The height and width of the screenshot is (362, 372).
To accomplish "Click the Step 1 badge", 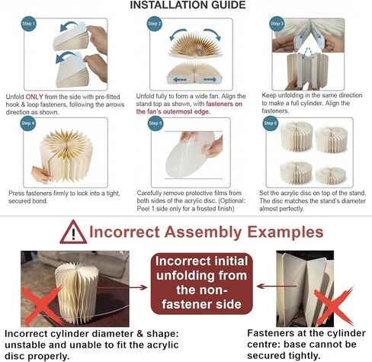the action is pyautogui.click(x=29, y=24).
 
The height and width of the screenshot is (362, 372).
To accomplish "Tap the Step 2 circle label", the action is pyautogui.click(x=155, y=24).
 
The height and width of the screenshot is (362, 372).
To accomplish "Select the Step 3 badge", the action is pyautogui.click(x=277, y=24).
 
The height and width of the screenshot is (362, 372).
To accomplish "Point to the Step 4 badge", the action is pyautogui.click(x=28, y=123).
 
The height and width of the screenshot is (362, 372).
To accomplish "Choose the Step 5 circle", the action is pyautogui.click(x=156, y=123).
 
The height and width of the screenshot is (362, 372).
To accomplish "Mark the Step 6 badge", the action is pyautogui.click(x=270, y=123).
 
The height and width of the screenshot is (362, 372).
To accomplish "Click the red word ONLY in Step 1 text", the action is pyautogui.click(x=34, y=97).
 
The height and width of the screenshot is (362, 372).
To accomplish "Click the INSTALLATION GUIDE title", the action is pyautogui.click(x=188, y=5).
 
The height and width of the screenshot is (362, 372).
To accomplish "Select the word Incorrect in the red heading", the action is pyautogui.click(x=124, y=232).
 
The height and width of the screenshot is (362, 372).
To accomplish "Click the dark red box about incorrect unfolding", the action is pyautogui.click(x=202, y=284).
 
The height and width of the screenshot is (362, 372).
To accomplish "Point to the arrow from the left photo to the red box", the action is pyautogui.click(x=123, y=287).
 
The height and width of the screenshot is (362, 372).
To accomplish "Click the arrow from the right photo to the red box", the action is pyautogui.click(x=277, y=287).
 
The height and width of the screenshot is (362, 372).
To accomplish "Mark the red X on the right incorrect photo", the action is pyautogui.click(x=334, y=306).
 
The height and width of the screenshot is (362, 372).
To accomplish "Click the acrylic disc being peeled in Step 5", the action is pyautogui.click(x=188, y=155).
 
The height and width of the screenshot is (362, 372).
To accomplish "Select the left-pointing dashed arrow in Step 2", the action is pyautogui.click(x=180, y=80).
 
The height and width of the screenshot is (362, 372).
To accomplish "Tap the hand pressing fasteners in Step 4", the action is pyautogui.click(x=41, y=175).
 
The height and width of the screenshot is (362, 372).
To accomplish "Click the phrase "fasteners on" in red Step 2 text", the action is pyautogui.click(x=224, y=104).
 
